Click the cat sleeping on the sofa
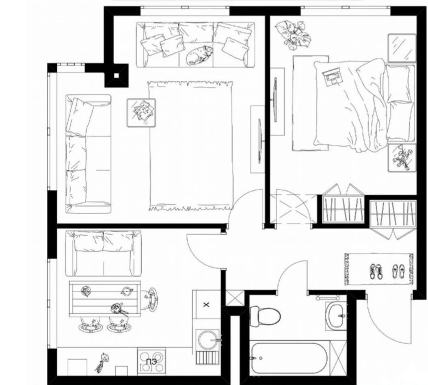[x=199, y=54]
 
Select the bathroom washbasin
[x=336, y=316]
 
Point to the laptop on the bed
[x=332, y=77]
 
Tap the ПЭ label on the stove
[x=151, y=361]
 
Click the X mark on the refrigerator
[x=207, y=305]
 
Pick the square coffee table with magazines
[x=141, y=113]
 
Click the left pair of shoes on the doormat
[x=376, y=271]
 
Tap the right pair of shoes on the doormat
[x=399, y=271]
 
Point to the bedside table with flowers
[x=402, y=158]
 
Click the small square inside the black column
[x=116, y=76]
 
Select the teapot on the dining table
[x=127, y=291]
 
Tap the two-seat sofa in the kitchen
[x=104, y=253]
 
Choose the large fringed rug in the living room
[x=191, y=146]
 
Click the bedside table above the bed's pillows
[x=402, y=48]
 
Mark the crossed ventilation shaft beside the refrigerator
[x=235, y=298]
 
